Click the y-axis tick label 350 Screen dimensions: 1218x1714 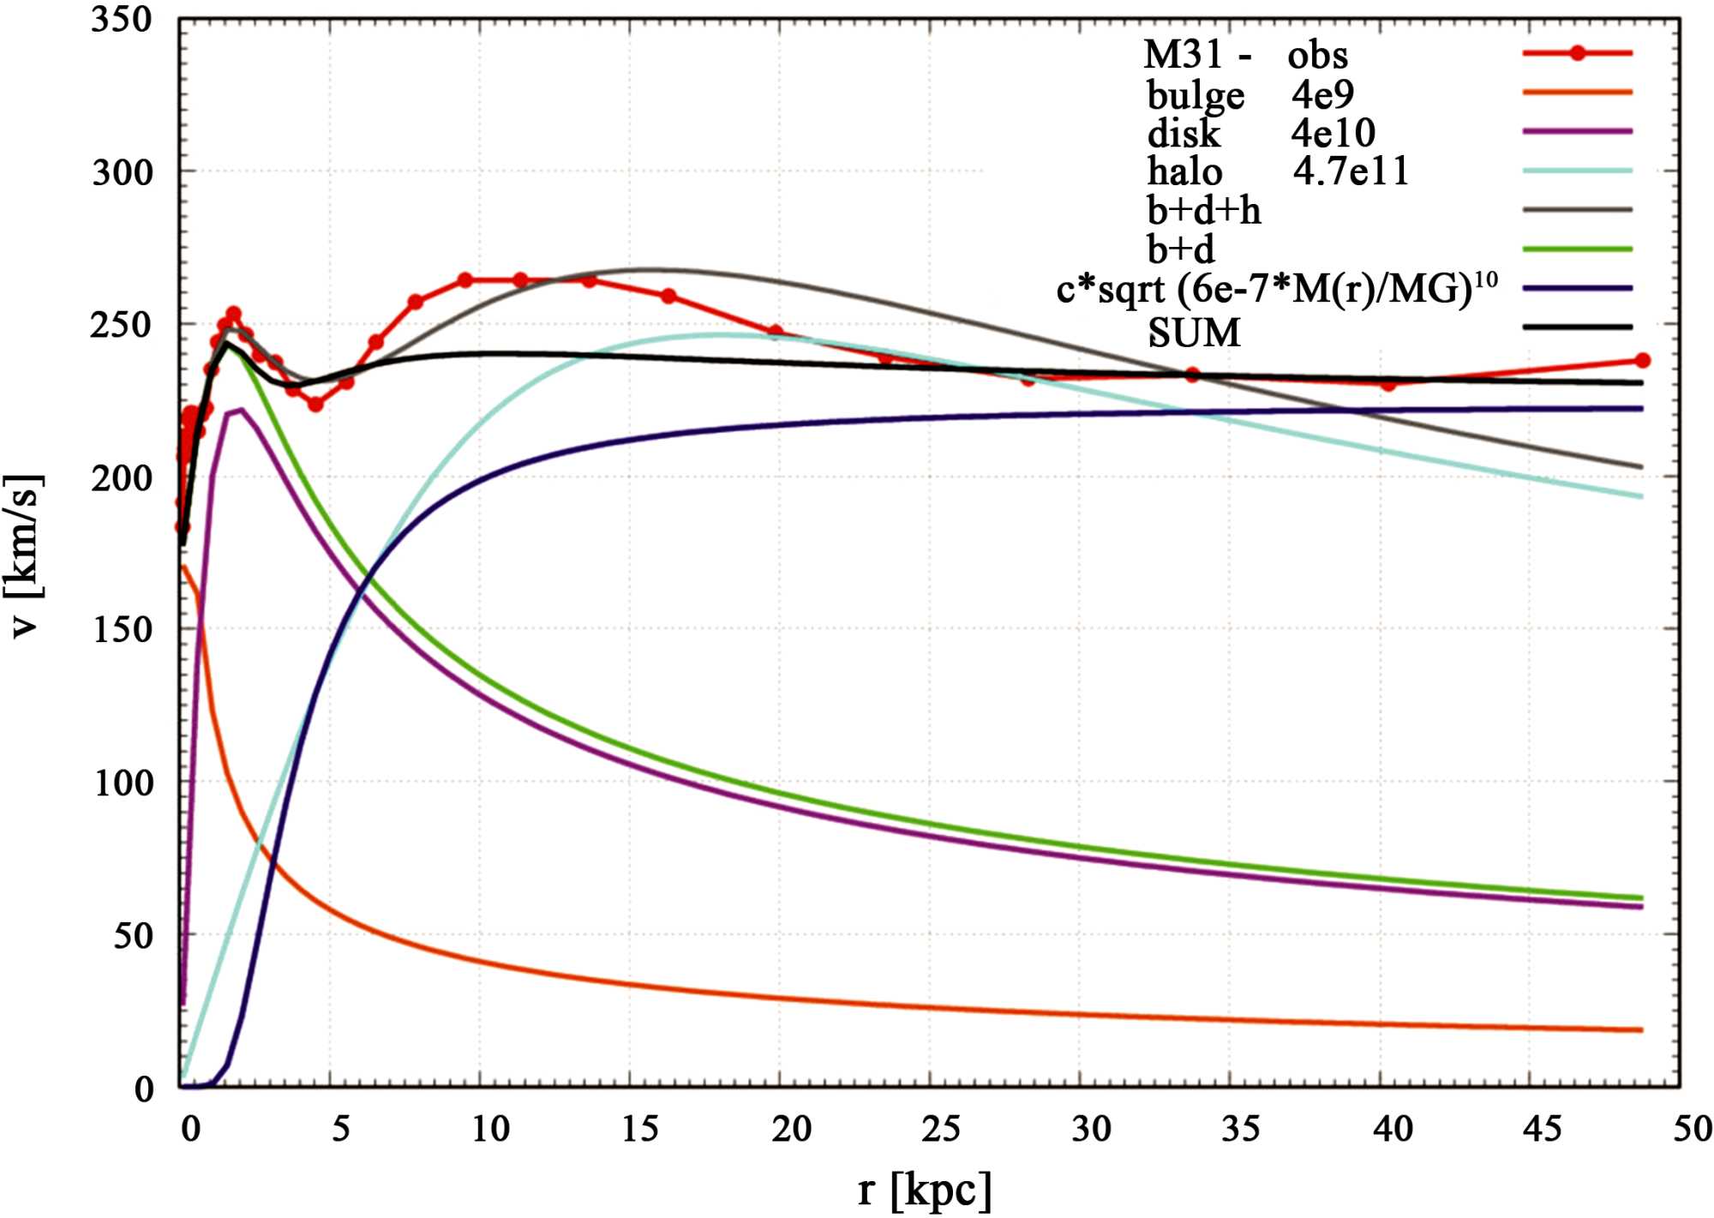click(121, 21)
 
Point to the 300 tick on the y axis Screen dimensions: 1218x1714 click(121, 172)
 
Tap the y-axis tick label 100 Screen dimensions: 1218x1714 click(121, 783)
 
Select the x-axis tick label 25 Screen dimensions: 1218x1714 click(941, 1130)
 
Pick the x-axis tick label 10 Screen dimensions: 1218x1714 click(490, 1130)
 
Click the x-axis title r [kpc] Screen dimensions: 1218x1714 click(924, 1190)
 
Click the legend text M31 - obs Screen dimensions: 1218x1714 click(1244, 56)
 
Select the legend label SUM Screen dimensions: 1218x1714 click(1194, 333)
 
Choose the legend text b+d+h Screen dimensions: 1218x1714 click(1203, 211)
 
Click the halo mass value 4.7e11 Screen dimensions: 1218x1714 click(1351, 171)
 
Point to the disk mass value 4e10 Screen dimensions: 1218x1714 click(1333, 133)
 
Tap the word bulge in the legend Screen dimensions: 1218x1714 click(1196, 95)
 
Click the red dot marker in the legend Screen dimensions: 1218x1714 click(1577, 53)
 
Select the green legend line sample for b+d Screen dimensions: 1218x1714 click(1577, 249)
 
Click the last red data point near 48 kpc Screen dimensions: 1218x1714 click(1642, 361)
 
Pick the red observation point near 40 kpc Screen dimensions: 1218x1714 click(1388, 384)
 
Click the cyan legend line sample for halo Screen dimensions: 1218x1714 click(1577, 171)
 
